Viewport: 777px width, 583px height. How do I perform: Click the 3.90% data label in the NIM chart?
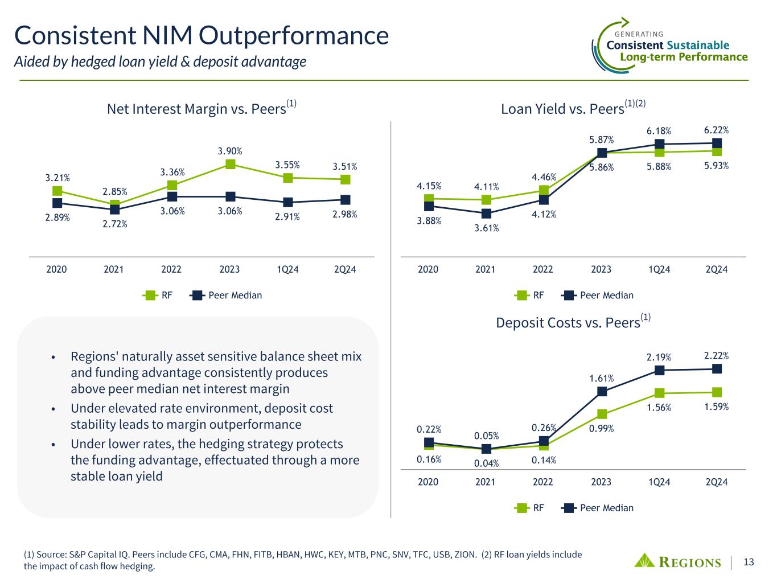230,151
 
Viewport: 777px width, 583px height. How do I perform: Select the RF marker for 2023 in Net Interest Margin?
230,164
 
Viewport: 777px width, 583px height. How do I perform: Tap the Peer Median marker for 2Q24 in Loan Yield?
717,143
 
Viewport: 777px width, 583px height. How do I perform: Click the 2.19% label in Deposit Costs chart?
659,358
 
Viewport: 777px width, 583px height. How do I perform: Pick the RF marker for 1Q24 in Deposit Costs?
659,393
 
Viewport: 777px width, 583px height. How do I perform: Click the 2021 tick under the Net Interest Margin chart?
114,269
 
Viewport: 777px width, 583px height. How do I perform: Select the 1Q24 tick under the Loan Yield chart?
659,269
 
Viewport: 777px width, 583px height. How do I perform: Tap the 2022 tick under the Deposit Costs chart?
543,482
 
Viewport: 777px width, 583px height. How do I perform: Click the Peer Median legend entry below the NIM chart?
227,295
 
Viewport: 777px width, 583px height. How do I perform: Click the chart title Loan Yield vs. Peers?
561,109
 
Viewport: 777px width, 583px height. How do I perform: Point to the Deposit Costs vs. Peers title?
568,323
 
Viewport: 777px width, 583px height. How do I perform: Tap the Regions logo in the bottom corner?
677,561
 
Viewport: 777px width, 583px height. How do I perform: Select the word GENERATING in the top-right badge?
639,34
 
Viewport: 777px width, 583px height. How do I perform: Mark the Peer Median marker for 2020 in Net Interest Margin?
57,203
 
